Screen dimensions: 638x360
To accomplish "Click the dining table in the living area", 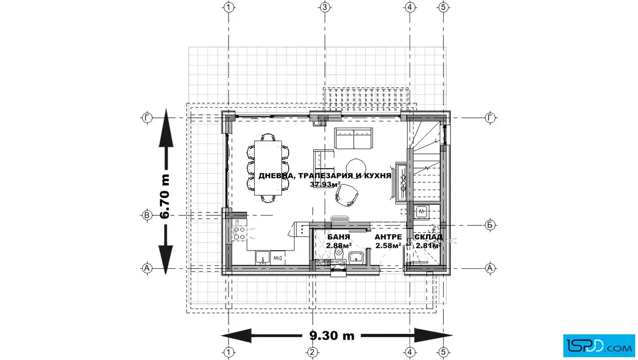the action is pyautogui.click(x=268, y=168).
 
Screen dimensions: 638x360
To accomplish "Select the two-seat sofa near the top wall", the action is pyautogui.click(x=354, y=138).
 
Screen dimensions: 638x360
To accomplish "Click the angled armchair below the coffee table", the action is pyautogui.click(x=347, y=194).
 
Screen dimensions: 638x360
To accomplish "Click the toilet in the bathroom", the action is pyautogui.click(x=338, y=255).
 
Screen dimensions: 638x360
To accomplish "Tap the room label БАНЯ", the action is pyautogui.click(x=338, y=237).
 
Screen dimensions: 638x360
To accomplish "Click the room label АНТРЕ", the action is pyautogui.click(x=388, y=237).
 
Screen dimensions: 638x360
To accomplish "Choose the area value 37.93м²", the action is pyautogui.click(x=325, y=184).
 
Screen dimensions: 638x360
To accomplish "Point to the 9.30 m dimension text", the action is pyautogui.click(x=332, y=336).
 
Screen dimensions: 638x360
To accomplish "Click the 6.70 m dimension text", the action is pyautogui.click(x=165, y=197).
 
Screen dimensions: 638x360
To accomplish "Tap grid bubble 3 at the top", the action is pyautogui.click(x=324, y=7).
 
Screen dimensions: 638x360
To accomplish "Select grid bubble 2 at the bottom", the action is pyautogui.click(x=312, y=352).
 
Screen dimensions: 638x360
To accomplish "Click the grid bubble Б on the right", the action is pyautogui.click(x=490, y=224).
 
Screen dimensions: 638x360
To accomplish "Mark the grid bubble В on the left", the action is pyautogui.click(x=147, y=215).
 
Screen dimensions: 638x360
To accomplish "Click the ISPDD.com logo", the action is pyautogui.click(x=599, y=346).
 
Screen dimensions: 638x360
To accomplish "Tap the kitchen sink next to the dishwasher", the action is pyautogui.click(x=262, y=257).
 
